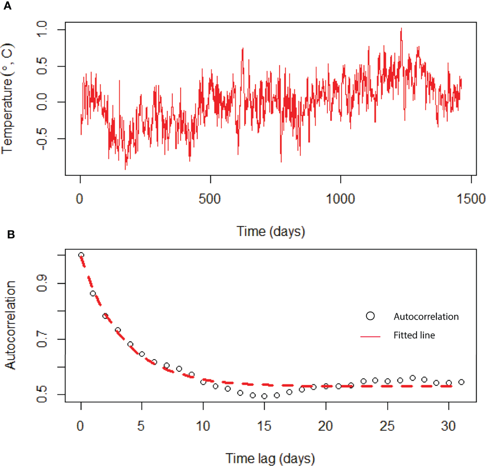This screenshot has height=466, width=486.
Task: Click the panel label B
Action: pos(11,234)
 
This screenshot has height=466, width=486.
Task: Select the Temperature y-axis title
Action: pos(7,99)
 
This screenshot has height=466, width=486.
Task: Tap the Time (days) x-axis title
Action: pos(270,231)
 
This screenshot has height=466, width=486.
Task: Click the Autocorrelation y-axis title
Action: pos(11,325)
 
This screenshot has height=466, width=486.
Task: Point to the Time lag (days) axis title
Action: pos(270,458)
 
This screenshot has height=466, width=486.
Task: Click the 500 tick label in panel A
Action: pos(210,199)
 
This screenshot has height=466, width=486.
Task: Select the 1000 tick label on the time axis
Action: pos(340,199)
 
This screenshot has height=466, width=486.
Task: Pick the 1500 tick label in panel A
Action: pos(471,199)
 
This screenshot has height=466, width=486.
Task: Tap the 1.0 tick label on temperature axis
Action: pos(42,29)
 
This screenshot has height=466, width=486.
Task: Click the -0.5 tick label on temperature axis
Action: pos(42,139)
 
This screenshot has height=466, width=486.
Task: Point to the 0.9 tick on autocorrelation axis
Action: pos(42,283)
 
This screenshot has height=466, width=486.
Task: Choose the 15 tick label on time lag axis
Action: pos(264,426)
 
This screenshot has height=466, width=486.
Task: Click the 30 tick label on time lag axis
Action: pos(448,426)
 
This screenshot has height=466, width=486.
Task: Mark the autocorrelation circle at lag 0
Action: pos(81,255)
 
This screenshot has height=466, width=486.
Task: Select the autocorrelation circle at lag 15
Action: pos(265,396)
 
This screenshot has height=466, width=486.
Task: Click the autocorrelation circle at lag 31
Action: pos(461,382)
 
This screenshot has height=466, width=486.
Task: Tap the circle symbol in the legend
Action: pos(370,316)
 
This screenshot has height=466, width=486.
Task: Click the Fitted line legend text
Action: pos(414,335)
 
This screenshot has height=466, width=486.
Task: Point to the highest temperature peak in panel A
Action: pos(401,29)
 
